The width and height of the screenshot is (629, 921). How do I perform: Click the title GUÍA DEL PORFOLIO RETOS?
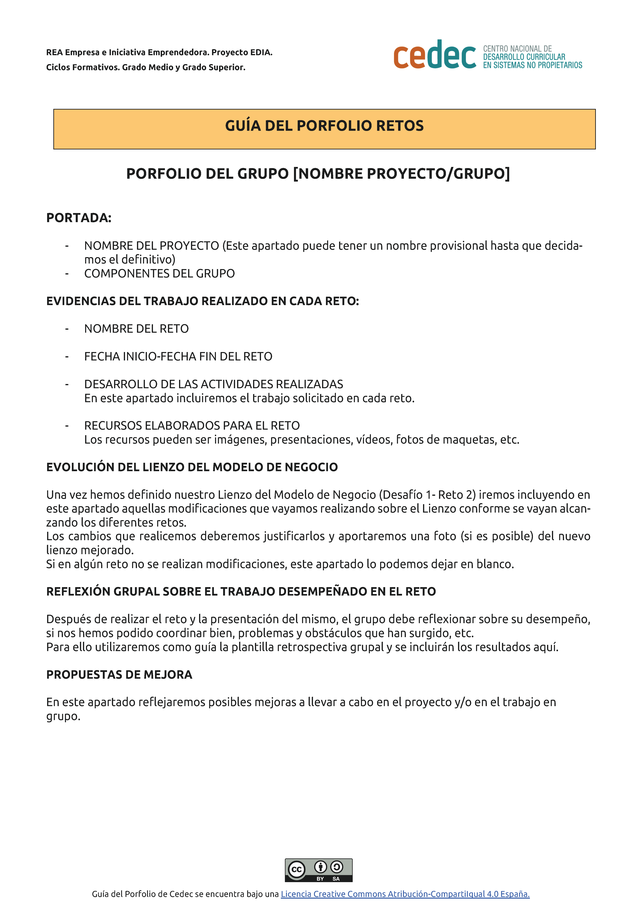324,126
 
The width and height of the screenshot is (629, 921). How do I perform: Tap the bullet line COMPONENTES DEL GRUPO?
159,273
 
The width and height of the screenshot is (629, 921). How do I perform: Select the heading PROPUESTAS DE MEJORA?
119,674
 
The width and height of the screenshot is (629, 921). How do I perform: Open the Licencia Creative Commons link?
405,894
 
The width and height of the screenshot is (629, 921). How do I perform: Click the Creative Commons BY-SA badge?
318,870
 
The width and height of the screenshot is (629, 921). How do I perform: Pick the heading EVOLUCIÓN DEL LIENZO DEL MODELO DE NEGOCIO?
192,467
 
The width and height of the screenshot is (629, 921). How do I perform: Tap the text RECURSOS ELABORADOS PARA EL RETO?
192,426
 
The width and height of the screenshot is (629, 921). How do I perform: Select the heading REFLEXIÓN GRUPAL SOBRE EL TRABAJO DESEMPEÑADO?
241,591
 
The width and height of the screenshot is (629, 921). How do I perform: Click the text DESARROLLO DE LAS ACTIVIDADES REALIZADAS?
214,384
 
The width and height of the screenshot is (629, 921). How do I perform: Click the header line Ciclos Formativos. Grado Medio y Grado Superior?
146,67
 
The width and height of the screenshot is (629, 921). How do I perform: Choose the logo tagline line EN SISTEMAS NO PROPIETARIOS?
532,65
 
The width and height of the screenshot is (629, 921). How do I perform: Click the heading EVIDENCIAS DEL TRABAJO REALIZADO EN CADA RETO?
203,301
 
